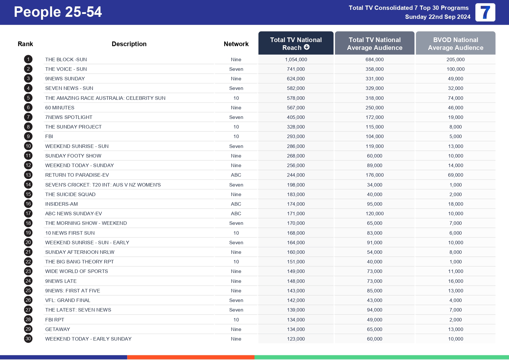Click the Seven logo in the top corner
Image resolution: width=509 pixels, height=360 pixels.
485,12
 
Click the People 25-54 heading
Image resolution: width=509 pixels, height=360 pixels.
58,12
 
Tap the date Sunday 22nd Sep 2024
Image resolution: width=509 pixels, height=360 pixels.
437,17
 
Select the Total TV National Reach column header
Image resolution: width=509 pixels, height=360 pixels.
296,44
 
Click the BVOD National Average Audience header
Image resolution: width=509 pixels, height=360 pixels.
455,44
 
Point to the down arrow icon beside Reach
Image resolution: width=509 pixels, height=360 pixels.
307,47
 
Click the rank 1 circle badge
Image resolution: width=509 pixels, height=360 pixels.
28,59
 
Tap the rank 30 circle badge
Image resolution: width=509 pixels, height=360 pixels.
28,339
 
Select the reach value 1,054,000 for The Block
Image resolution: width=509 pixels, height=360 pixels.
296,59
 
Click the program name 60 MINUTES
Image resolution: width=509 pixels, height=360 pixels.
60,108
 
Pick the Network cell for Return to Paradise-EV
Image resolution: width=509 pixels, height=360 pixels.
236,175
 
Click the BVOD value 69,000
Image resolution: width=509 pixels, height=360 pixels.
455,175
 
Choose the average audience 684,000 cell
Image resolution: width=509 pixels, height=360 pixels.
374,59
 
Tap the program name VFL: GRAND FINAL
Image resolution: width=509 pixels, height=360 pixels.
68,300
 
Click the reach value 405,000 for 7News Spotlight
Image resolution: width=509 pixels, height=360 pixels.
296,117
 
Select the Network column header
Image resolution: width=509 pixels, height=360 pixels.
236,44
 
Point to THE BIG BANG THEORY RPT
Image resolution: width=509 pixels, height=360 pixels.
80,262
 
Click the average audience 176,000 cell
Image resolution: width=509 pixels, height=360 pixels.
374,175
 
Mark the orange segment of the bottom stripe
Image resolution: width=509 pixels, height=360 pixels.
191,357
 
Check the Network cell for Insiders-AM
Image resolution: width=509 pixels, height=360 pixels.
236,204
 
